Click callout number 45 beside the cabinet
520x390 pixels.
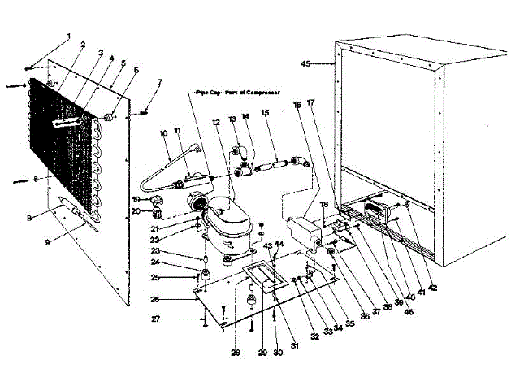click(306, 63)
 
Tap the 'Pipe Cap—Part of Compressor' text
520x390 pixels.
click(236, 93)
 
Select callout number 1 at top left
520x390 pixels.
click(70, 37)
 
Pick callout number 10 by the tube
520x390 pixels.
click(163, 132)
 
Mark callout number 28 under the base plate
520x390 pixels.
click(235, 352)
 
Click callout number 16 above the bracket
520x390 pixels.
click(297, 106)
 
